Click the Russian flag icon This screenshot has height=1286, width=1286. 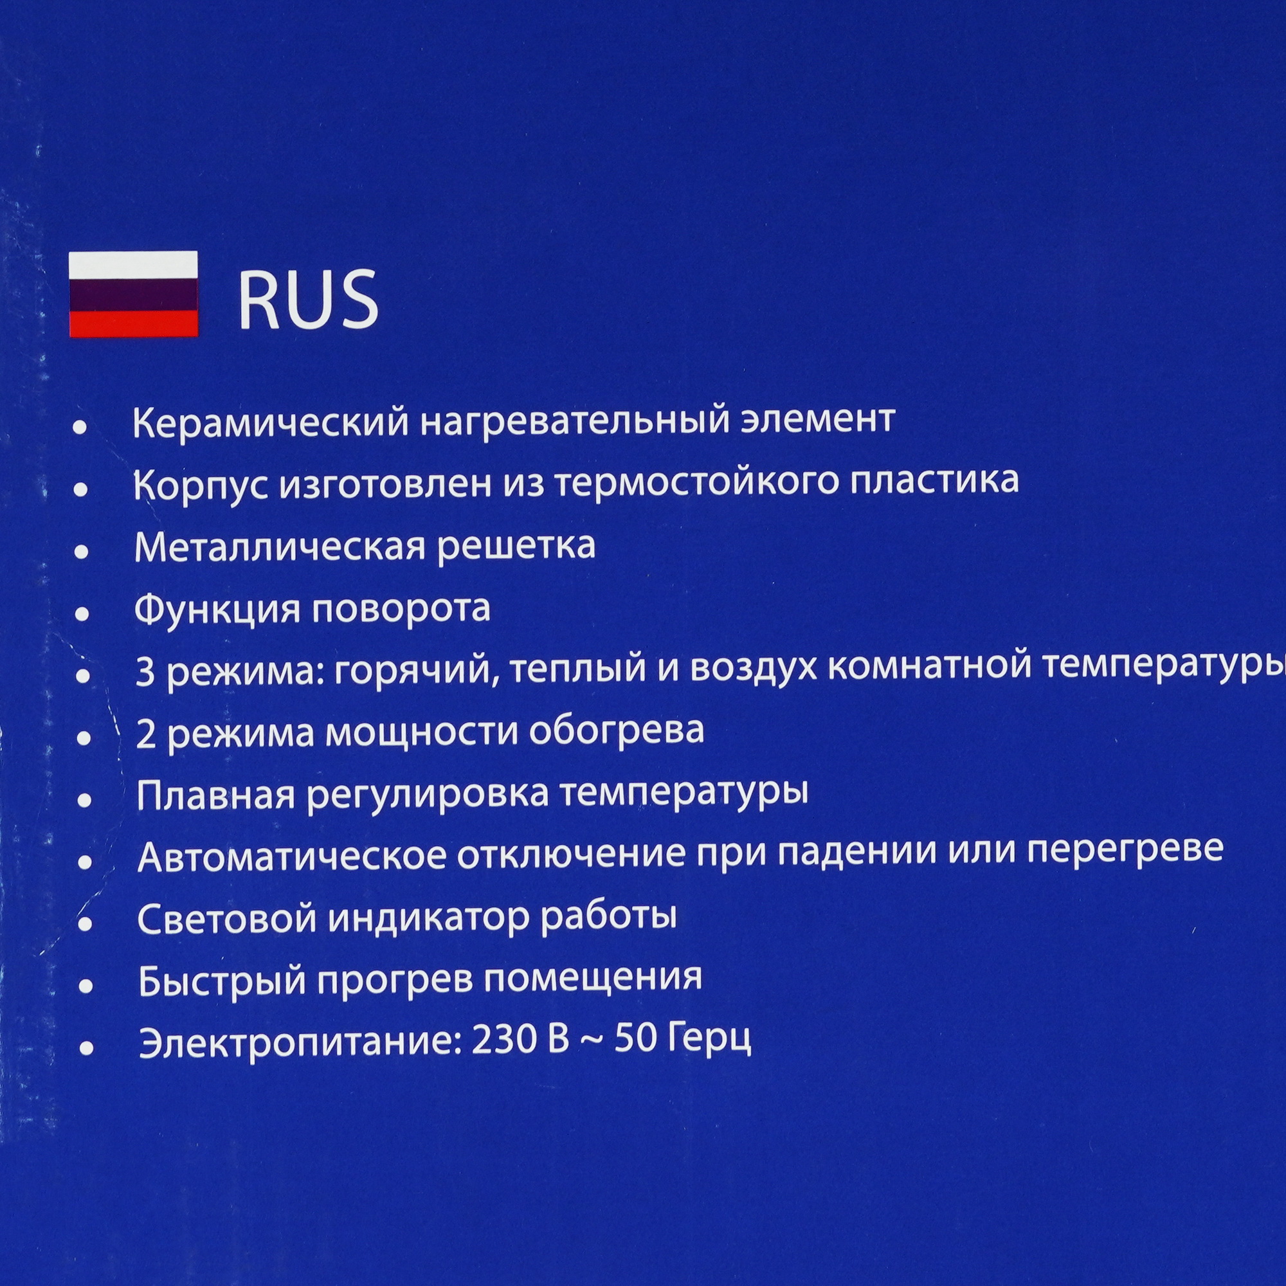pos(133,294)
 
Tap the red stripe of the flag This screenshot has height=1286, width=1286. pos(133,323)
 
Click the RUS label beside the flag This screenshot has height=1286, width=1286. pos(308,300)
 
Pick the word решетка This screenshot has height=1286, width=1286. pos(518,547)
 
